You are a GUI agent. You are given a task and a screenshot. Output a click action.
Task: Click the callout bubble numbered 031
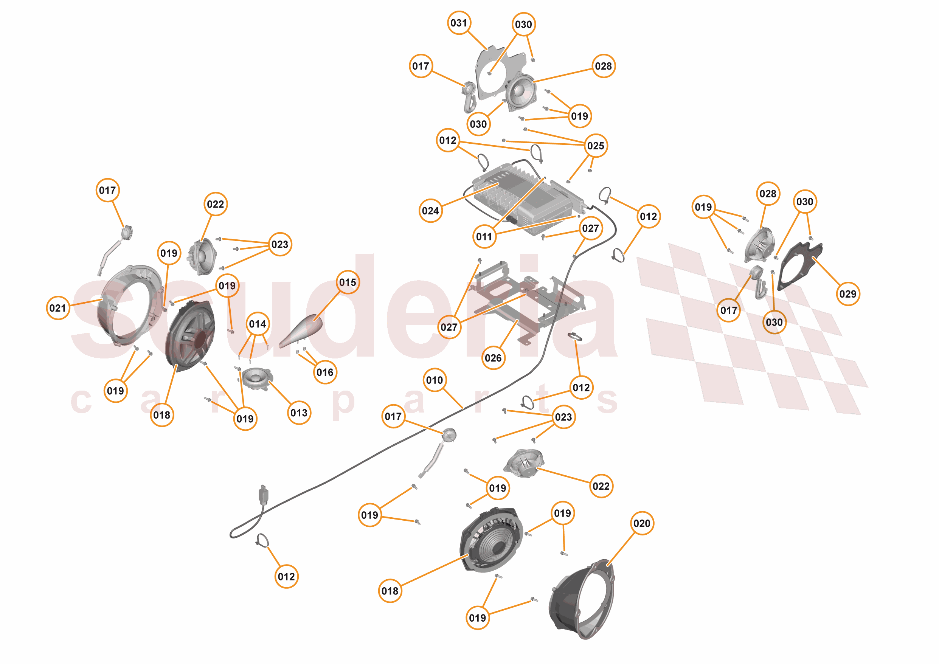[x=458, y=23]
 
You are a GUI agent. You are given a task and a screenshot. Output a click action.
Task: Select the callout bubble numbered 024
[x=430, y=211]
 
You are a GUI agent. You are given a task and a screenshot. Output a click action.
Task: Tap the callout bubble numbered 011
[x=484, y=237]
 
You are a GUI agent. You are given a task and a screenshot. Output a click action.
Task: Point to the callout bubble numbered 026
[x=493, y=358]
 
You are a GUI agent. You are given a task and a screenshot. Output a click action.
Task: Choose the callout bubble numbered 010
[x=434, y=380]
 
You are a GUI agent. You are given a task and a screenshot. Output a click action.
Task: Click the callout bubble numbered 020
[x=642, y=523]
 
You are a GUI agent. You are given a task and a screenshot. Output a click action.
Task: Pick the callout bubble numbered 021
[x=57, y=308]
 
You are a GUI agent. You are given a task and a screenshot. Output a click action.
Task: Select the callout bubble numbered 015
[x=348, y=282]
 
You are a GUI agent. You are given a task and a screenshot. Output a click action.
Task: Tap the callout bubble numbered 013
[x=299, y=413]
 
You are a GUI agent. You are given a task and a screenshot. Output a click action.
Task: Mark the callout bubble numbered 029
[x=848, y=293]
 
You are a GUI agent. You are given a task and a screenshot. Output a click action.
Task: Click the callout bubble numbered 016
[x=325, y=372]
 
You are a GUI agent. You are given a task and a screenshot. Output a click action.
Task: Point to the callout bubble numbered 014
[x=258, y=324]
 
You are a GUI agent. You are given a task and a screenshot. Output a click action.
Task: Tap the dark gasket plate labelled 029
[x=799, y=266]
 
